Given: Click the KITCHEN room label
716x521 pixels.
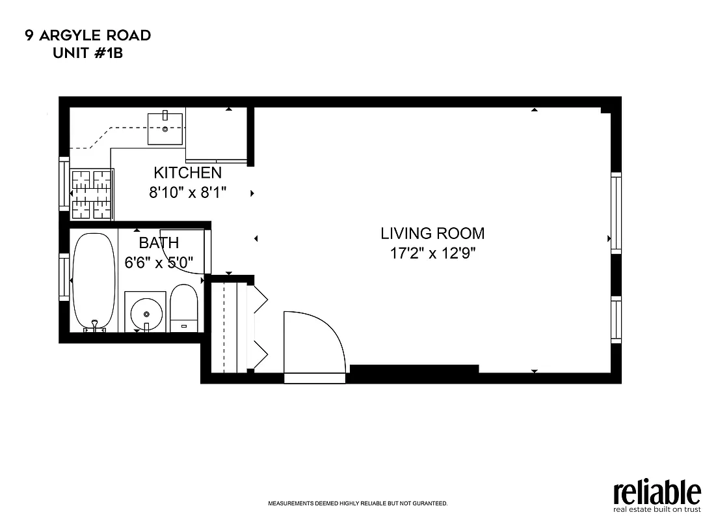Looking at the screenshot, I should (x=187, y=173).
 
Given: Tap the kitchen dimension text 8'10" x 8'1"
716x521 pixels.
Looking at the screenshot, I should (x=187, y=193).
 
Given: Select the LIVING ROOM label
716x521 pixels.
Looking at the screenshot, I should (x=432, y=233).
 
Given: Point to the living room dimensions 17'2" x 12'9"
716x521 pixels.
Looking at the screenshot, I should (x=432, y=254).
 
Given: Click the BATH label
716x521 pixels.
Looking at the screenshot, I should (x=159, y=243).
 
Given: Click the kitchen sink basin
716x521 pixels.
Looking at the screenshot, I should (x=165, y=128).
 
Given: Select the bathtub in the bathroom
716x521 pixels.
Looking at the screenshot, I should (x=94, y=281).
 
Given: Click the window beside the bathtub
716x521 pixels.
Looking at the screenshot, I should (x=64, y=277).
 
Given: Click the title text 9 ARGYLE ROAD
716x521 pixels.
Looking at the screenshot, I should (x=88, y=35).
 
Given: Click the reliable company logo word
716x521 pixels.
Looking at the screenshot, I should (x=657, y=492).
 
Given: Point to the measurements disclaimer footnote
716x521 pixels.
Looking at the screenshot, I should (x=358, y=503).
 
